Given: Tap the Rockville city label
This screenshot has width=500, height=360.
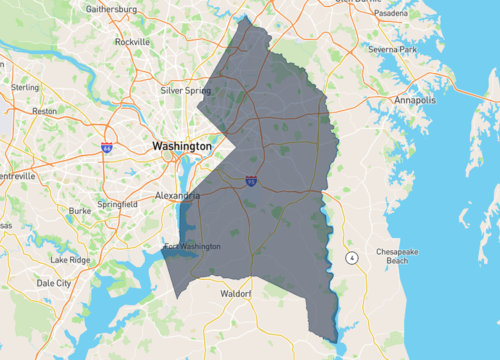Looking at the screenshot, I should pos(133,42).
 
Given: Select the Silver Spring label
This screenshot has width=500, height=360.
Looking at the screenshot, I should pos(186,90).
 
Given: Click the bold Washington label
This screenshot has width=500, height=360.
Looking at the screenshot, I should pos(182,146).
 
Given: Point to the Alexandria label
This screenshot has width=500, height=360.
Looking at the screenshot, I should pos(177,196).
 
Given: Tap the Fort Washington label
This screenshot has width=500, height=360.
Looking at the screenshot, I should pos(189,247).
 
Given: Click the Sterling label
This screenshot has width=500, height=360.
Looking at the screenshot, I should pos(25,87).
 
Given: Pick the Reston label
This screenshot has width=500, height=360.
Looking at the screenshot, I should pos(45,111).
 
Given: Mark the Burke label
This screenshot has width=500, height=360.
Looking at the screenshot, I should pos(81,211).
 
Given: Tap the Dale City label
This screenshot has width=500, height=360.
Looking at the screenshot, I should pos(55,283).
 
